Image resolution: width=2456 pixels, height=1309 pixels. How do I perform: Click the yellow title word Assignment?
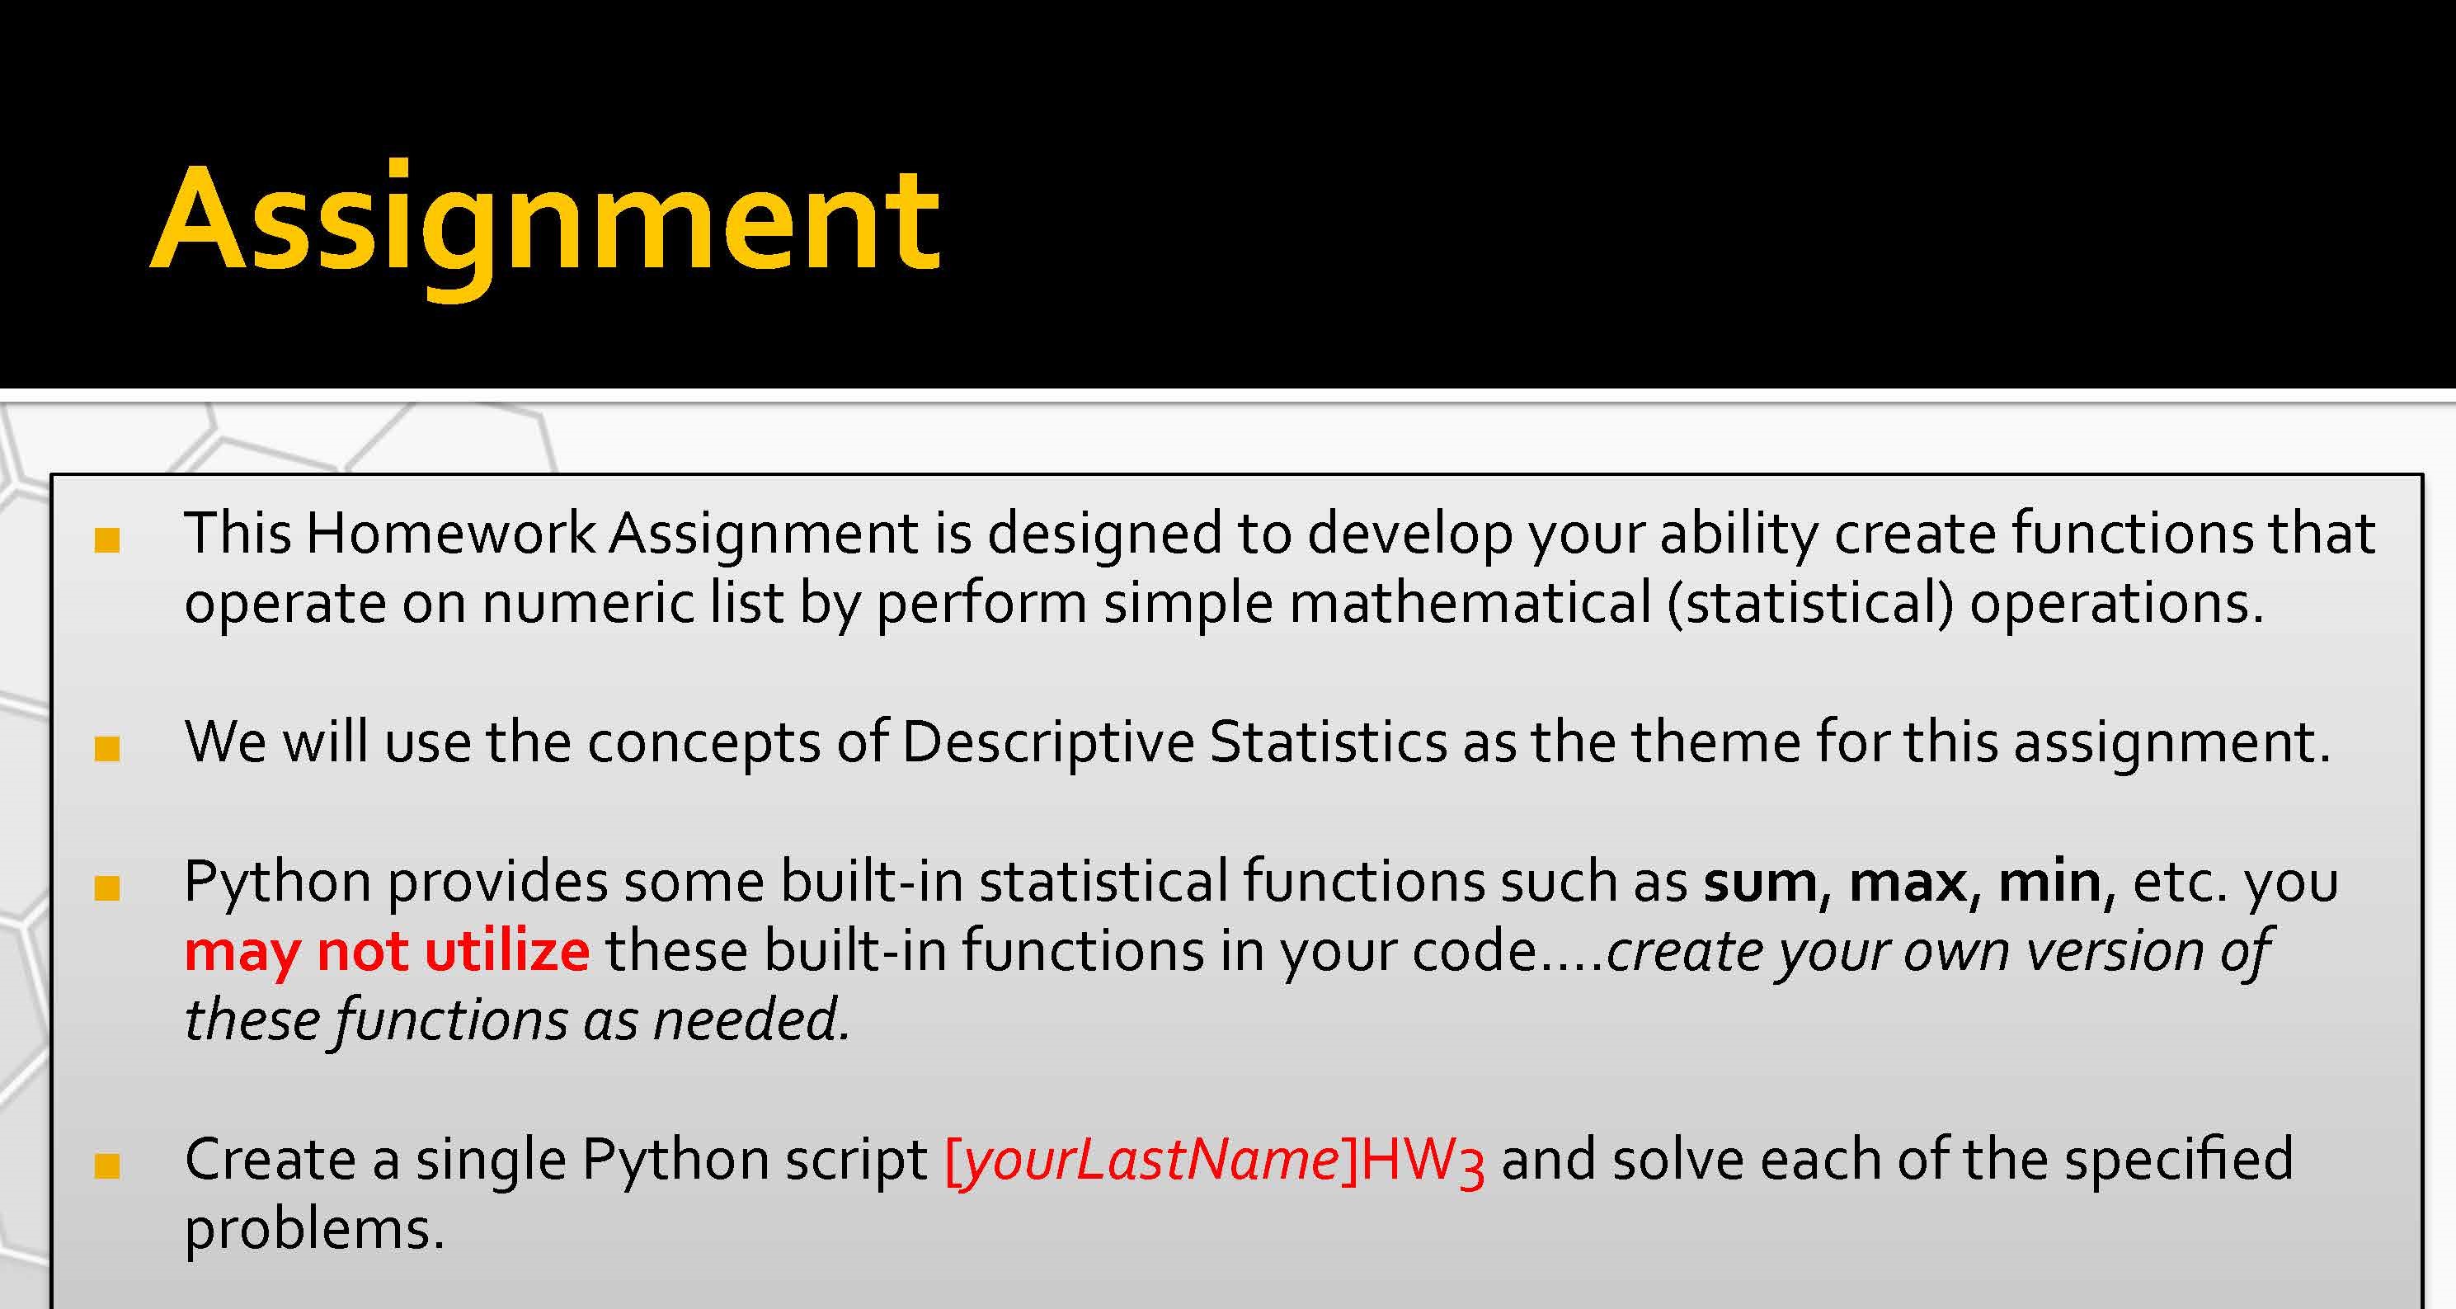[546, 227]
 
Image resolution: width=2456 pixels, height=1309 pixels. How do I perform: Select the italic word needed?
[750, 1020]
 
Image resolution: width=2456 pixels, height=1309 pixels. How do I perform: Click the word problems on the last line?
[314, 1231]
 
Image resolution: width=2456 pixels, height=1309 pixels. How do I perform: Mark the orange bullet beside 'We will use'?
[106, 748]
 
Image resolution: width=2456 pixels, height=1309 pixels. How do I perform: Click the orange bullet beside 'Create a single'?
[106, 1166]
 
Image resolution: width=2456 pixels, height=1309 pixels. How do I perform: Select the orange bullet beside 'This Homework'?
[106, 539]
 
